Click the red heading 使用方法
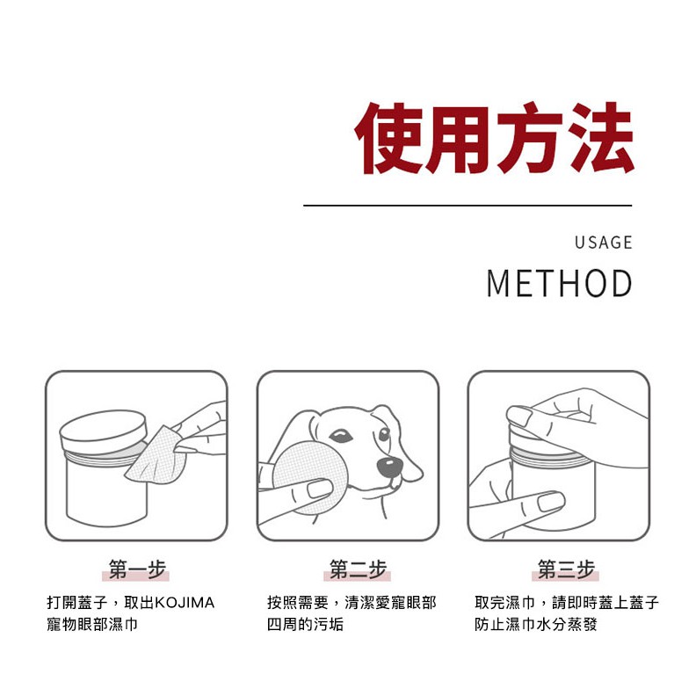coord(494,138)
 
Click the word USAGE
coord(603,243)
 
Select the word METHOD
coord(559,283)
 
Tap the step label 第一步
coord(137,569)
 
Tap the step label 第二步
coord(358,569)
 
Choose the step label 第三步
coord(566,569)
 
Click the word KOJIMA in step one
coord(185,603)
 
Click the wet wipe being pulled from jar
coord(155,457)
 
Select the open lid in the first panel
coord(103,431)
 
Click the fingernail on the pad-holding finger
coord(320,489)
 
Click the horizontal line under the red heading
coord(468,206)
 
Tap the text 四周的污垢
coord(306,625)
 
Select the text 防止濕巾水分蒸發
coord(536,625)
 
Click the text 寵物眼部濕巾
coord(92,625)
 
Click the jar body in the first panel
coord(105,493)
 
